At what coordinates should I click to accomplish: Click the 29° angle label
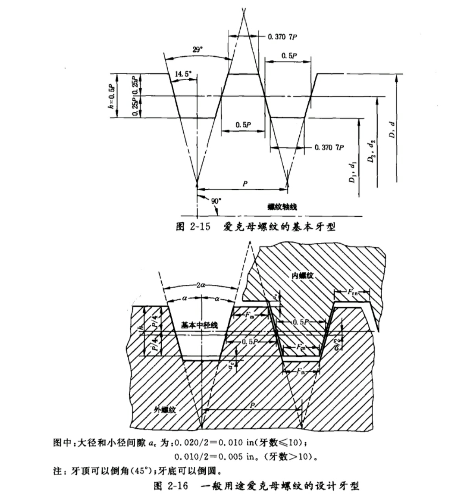tap(197, 50)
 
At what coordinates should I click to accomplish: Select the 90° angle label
tap(216, 201)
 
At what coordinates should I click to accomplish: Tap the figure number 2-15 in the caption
tap(199, 227)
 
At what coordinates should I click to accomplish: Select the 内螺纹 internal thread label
tap(302, 275)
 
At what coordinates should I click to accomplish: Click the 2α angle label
tap(201, 286)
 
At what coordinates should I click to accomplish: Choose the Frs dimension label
tap(301, 371)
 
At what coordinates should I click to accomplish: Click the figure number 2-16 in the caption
tap(179, 485)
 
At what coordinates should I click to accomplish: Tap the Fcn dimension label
tap(301, 347)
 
